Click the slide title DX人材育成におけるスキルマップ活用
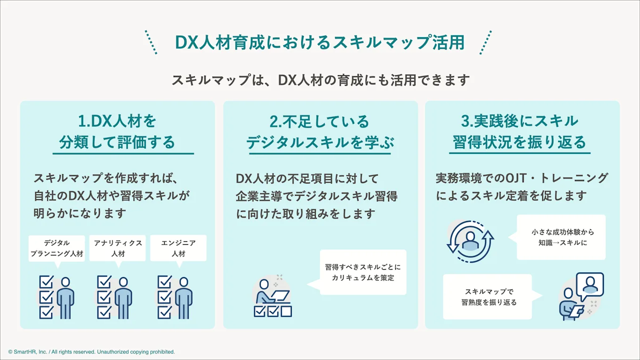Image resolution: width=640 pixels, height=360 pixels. click(x=320, y=43)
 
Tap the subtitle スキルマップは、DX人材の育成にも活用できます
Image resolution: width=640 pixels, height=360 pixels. click(x=320, y=80)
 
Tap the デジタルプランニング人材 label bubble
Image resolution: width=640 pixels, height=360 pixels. click(x=57, y=248)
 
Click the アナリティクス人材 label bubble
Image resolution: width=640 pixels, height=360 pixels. click(x=118, y=248)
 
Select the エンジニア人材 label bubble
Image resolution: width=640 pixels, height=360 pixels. click(x=178, y=248)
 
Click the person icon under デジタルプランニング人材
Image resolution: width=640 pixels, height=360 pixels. click(x=65, y=297)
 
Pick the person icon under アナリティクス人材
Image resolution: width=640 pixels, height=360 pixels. click(x=123, y=297)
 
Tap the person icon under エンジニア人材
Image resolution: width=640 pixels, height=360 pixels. click(x=184, y=297)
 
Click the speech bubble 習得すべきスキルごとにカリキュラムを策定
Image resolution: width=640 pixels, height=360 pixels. click(x=363, y=272)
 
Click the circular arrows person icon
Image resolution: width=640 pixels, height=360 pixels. click(x=470, y=241)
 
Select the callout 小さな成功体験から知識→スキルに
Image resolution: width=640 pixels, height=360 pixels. click(x=561, y=237)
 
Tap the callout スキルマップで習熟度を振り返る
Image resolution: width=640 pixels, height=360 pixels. click(x=488, y=297)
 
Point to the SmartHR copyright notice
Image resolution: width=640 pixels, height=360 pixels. click(x=91, y=352)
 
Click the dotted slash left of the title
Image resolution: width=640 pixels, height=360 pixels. click(x=151, y=42)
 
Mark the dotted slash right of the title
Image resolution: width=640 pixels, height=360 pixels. click(x=485, y=42)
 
